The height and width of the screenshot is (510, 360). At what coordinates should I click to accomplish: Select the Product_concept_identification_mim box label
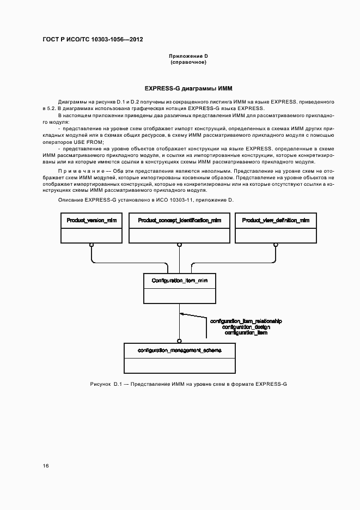point(179,220)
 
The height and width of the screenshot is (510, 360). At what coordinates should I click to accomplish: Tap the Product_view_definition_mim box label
point(276,220)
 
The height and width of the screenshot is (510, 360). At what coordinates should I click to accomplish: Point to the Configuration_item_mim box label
point(179,280)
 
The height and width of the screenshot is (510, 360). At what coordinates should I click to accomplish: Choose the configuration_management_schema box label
point(179,349)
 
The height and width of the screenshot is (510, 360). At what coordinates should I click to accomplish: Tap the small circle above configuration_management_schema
point(179,340)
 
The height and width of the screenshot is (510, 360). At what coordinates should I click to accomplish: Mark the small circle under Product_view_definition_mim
point(276,245)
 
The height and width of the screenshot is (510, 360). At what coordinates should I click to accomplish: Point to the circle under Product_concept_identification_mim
point(179,245)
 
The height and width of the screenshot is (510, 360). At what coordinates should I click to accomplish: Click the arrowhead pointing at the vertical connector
point(183,314)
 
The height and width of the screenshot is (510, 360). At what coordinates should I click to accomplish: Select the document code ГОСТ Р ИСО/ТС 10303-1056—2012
point(92,40)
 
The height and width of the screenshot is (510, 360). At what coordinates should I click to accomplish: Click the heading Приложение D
point(188,56)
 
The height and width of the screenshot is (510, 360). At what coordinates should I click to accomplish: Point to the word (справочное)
point(188,62)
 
